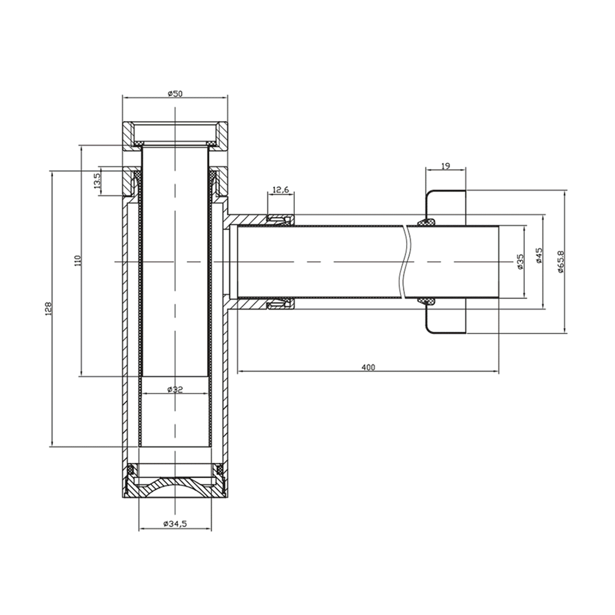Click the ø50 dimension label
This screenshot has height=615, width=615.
[175, 94]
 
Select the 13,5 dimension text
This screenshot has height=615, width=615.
[97, 180]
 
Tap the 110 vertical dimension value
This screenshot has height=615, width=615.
[78, 260]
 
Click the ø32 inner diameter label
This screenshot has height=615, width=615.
[175, 389]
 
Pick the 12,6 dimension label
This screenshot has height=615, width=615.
[281, 190]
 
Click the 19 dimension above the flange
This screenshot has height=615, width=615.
[445, 166]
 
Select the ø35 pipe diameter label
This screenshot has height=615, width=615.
[520, 262]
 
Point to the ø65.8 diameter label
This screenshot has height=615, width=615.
[561, 261]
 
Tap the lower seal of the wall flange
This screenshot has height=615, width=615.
[427, 301]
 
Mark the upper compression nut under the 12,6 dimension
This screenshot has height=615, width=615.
[281, 219]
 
